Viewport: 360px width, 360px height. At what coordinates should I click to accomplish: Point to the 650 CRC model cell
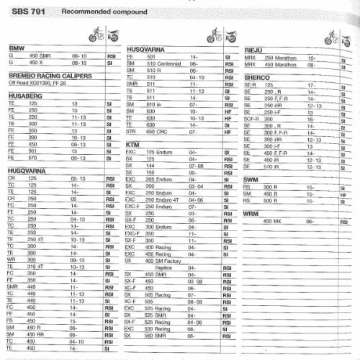(x=158, y=132)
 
